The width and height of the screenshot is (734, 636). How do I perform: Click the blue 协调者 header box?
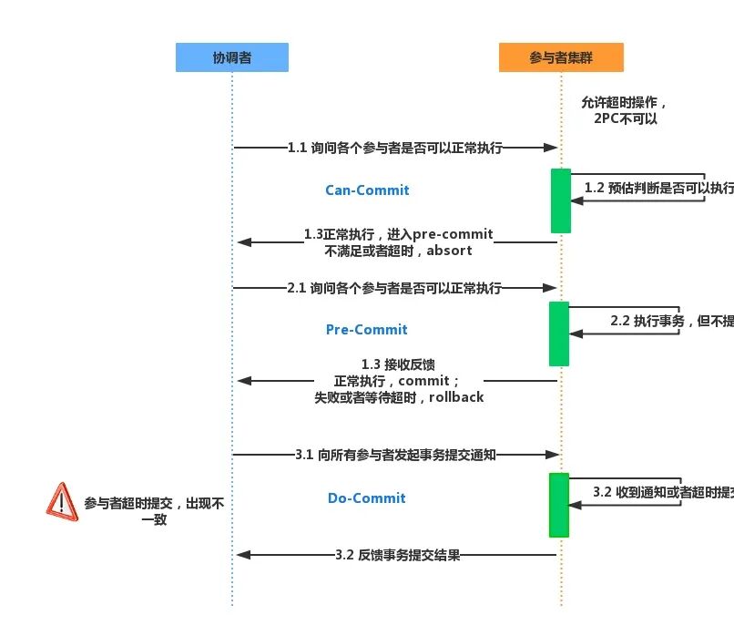(x=231, y=57)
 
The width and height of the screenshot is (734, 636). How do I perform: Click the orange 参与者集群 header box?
(x=561, y=57)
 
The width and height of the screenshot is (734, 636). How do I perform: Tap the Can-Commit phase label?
(x=367, y=190)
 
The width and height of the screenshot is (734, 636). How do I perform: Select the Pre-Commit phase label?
(x=367, y=330)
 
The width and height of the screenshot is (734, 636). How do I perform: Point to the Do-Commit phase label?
(x=367, y=498)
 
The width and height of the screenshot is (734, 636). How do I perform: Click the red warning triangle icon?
(x=62, y=501)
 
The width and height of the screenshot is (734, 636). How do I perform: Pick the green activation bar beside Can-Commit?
(x=560, y=200)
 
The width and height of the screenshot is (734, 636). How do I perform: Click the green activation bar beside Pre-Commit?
(x=558, y=333)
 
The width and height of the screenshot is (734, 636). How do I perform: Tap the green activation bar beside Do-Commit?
(x=558, y=505)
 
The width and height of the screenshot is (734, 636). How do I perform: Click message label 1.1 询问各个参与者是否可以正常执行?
(x=394, y=147)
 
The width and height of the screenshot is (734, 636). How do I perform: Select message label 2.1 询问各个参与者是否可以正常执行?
(x=394, y=288)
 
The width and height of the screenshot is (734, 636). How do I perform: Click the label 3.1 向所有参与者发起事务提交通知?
(x=395, y=454)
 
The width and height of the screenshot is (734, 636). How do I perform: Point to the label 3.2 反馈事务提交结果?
(x=397, y=555)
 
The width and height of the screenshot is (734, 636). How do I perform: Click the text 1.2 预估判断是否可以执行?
(x=658, y=188)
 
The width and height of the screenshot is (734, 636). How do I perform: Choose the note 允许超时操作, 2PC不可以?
(x=625, y=110)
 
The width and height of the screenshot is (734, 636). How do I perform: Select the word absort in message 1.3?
(x=450, y=251)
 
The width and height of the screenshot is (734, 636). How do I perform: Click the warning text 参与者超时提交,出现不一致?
(x=154, y=510)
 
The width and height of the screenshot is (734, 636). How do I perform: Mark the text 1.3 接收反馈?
(x=398, y=364)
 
